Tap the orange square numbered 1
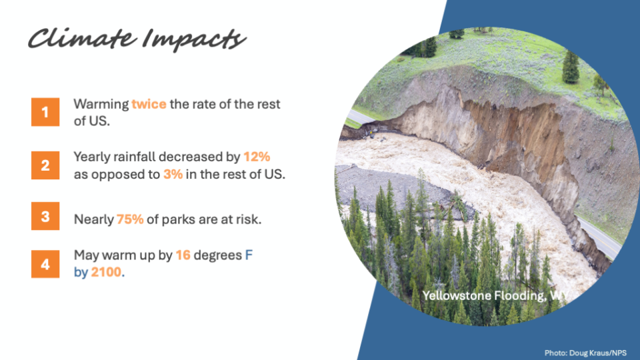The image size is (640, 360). tap(45, 112)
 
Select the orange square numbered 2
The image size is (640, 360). tap(45, 165)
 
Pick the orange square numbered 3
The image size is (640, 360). tap(45, 216)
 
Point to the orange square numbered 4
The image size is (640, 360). tap(45, 264)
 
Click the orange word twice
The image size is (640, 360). tap(149, 104)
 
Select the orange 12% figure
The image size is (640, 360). tap(257, 157)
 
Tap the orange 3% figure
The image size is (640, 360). tap(173, 174)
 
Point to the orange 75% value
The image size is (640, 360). tap(130, 219)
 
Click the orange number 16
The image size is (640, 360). tap(183, 255)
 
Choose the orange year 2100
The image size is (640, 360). tap(106, 272)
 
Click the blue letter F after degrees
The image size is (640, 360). tap(249, 255)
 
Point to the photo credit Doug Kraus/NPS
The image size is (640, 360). tap(585, 353)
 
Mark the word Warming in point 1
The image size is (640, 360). tap(101, 105)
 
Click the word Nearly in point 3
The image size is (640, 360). tap(94, 219)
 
